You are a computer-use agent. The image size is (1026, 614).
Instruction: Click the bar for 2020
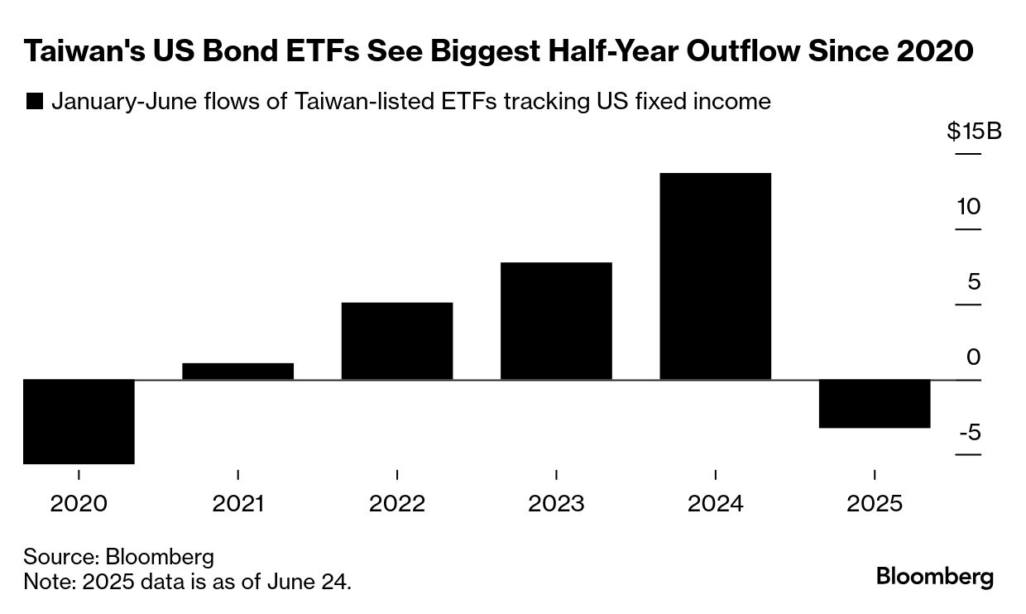pyautogui.click(x=79, y=421)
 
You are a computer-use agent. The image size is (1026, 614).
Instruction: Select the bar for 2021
pyautogui.click(x=237, y=372)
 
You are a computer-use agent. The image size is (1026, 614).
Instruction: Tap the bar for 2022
pyautogui.click(x=397, y=341)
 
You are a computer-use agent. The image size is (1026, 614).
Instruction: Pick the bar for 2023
pyautogui.click(x=556, y=321)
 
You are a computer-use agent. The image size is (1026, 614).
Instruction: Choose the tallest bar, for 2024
pyautogui.click(x=715, y=276)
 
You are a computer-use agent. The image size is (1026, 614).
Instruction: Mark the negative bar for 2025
pyautogui.click(x=875, y=404)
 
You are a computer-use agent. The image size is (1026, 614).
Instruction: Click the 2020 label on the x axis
pyautogui.click(x=79, y=503)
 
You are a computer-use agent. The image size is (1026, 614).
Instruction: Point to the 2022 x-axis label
pyautogui.click(x=397, y=503)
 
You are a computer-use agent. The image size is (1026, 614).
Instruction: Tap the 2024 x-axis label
pyautogui.click(x=715, y=503)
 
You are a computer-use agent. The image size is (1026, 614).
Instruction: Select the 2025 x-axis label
pyautogui.click(x=875, y=503)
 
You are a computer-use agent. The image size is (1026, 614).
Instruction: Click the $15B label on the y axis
pyautogui.click(x=974, y=132)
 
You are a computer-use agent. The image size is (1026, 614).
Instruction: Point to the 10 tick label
pyautogui.click(x=968, y=206)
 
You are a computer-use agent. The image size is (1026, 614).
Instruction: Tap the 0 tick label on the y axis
pyautogui.click(x=973, y=357)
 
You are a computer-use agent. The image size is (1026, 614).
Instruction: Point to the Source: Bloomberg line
pyautogui.click(x=118, y=557)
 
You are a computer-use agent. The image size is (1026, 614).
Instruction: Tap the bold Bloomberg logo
pyautogui.click(x=934, y=577)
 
